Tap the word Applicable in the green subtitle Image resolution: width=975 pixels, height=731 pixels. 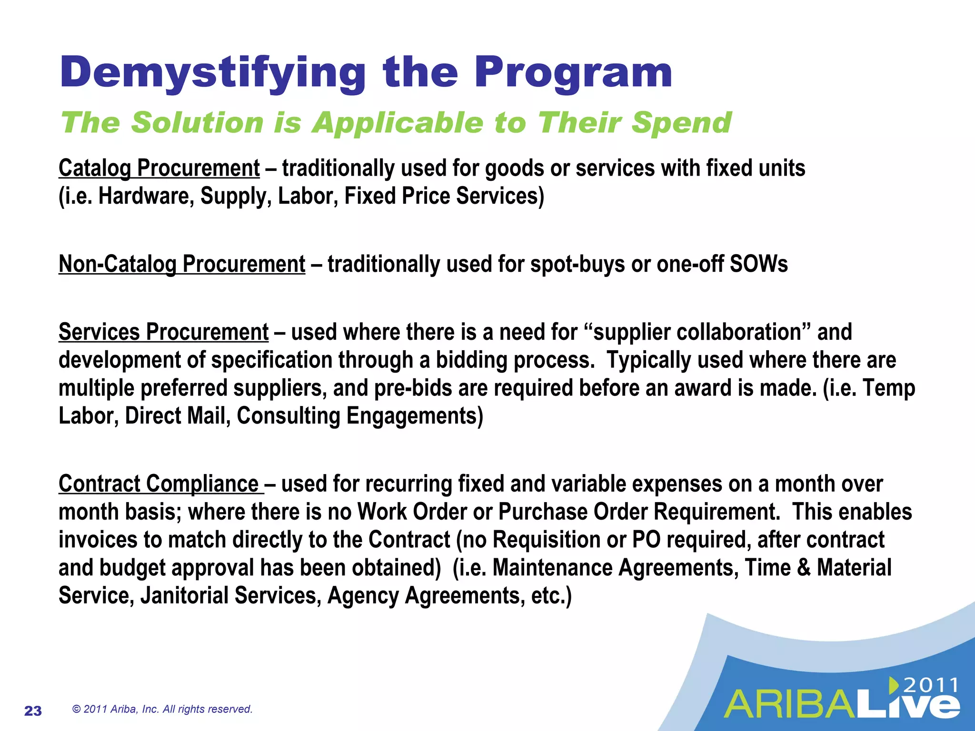point(397,123)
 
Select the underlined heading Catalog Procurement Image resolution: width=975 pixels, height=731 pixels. point(159,168)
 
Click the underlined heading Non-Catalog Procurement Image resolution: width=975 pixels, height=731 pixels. point(182,264)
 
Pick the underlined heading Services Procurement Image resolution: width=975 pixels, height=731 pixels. point(163,332)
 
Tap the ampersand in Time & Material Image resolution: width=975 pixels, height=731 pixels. point(804,568)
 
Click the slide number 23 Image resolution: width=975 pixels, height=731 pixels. point(33,711)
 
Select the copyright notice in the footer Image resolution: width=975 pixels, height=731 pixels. point(162,709)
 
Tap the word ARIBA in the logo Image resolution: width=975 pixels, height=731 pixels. point(791,705)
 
